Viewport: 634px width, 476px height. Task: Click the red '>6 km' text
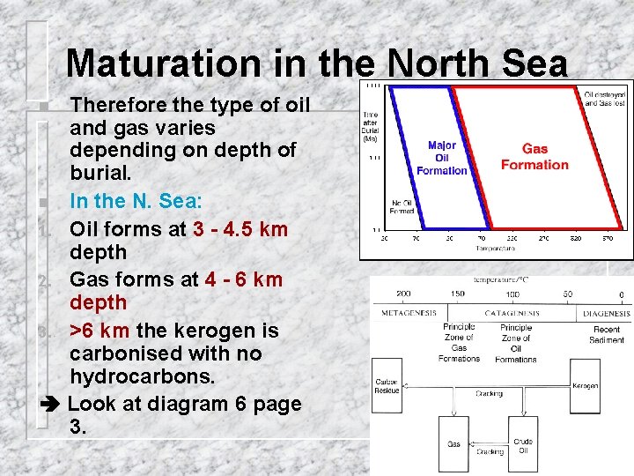(x=100, y=331)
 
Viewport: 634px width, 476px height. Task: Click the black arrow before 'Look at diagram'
(x=51, y=405)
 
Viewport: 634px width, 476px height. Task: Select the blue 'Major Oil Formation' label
(x=441, y=158)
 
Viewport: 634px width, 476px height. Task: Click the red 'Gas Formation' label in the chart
(x=534, y=157)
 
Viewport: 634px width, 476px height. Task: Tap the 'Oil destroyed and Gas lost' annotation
(x=605, y=98)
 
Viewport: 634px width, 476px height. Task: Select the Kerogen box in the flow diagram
(x=585, y=386)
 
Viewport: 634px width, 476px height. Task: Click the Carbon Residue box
(x=387, y=386)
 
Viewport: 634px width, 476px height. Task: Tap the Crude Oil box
(x=522, y=445)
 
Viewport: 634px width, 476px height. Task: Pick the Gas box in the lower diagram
(x=453, y=444)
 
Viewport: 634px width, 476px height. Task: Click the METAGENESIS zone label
(x=409, y=313)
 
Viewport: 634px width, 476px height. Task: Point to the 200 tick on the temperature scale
(x=404, y=294)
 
